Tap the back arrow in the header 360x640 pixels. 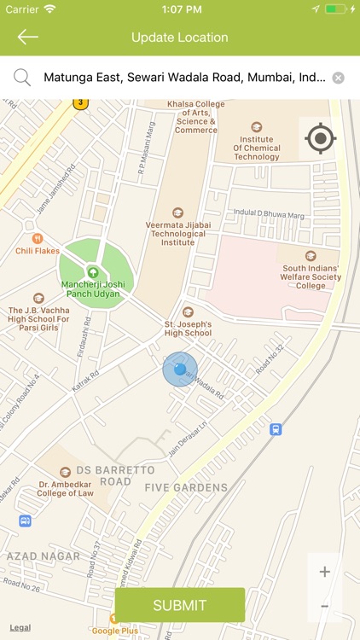pos(27,37)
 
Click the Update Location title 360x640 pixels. pos(180,38)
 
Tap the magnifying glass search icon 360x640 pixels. pos(22,78)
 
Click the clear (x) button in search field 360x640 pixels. pos(339,78)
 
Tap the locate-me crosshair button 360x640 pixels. pos(320,137)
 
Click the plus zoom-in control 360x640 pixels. pos(325,572)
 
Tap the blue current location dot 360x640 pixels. pos(180,369)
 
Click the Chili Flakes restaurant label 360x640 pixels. pos(36,250)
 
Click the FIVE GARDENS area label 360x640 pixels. pos(186,488)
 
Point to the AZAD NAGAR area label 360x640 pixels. pos(43,556)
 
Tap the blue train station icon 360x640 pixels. pos(276,429)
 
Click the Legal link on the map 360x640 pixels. pos(20,628)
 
